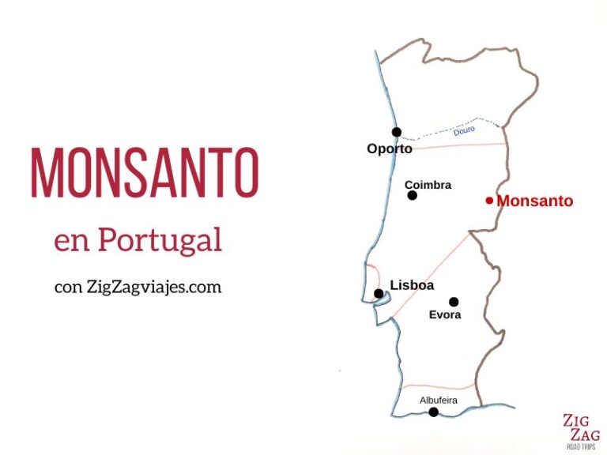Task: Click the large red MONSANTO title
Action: point(145,171)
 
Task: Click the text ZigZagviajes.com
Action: point(153,287)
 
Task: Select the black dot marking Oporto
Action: point(396,132)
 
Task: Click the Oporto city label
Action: point(389,149)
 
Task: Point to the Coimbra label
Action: point(428,185)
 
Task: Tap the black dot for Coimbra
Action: point(412,195)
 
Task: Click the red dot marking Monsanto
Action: point(489,201)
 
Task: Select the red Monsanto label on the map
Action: point(534,201)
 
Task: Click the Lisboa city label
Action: point(412,286)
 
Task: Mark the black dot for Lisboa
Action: point(379,294)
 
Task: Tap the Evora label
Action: point(445,314)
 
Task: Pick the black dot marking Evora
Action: point(454,301)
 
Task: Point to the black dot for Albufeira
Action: point(433,412)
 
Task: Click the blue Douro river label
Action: point(464,131)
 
